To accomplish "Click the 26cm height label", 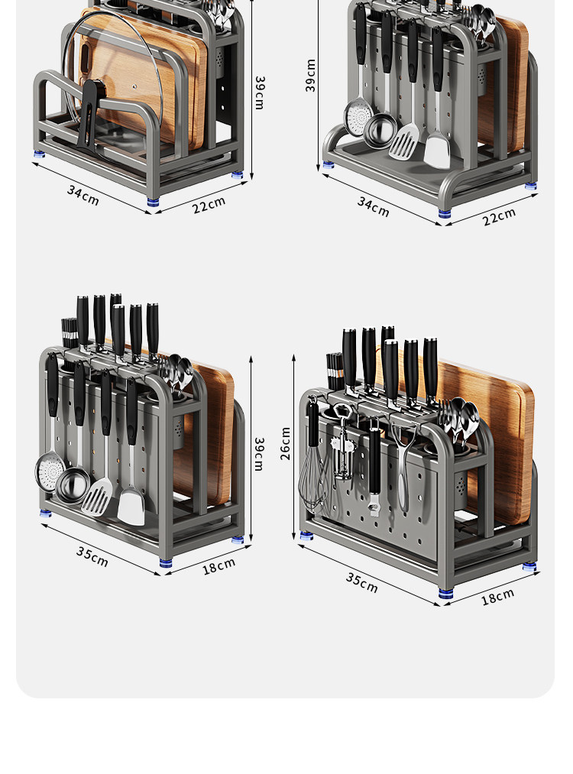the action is (x=285, y=444).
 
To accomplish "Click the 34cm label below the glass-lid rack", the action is (x=83, y=196).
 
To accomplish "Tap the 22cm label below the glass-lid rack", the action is (x=209, y=204).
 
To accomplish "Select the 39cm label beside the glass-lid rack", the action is (x=260, y=92).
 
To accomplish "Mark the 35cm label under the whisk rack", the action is (x=362, y=582).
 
